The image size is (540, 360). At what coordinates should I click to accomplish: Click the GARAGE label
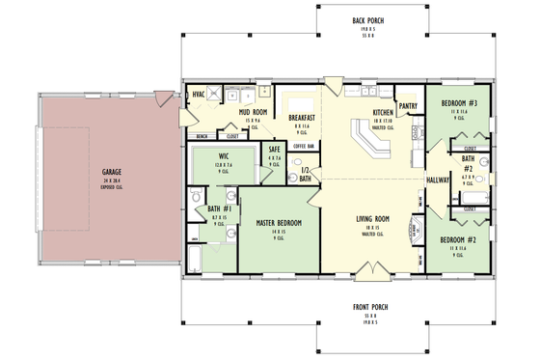click(111, 173)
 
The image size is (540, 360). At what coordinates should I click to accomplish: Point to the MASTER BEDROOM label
click(279, 223)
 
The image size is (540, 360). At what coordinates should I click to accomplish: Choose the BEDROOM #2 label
click(459, 239)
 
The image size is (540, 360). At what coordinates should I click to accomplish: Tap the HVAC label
click(199, 94)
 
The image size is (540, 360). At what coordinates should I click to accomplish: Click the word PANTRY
click(407, 106)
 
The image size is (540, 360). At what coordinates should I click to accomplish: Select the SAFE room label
click(275, 150)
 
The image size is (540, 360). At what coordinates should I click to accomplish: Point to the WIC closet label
click(223, 156)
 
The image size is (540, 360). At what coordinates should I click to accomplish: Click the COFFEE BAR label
click(305, 146)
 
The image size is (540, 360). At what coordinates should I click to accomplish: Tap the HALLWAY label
click(438, 180)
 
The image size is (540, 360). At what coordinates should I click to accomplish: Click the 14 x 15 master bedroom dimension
click(279, 232)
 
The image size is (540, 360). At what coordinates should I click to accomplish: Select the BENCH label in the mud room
click(202, 137)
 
